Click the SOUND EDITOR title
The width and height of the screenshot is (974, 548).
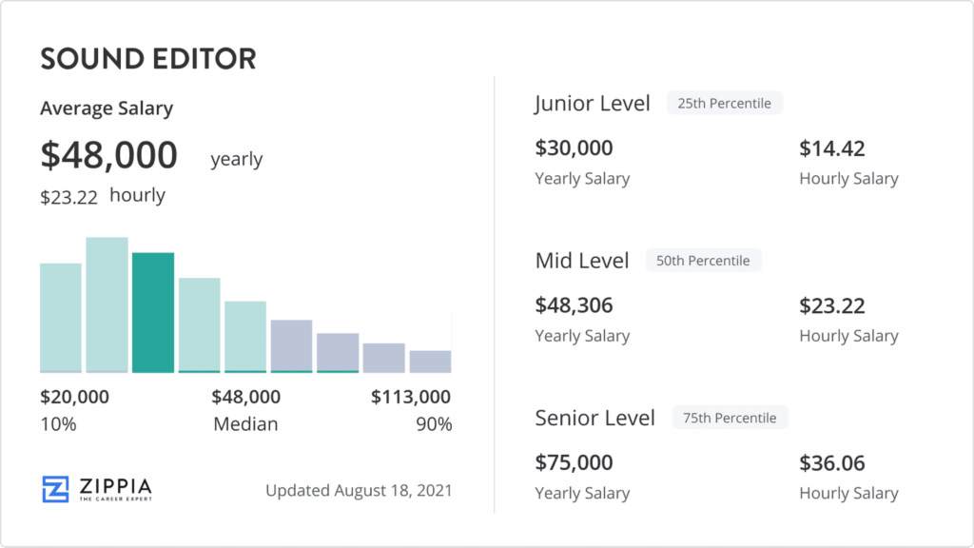pos(148,59)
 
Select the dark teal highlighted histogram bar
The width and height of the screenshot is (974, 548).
pos(153,312)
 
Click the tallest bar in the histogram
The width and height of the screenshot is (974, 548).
pos(107,305)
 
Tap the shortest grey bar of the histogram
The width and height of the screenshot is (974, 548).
pos(430,362)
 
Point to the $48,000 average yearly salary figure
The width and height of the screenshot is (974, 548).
pos(108,155)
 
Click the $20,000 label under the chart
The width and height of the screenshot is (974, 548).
pos(74,397)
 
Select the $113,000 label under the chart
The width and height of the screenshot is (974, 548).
pos(411,397)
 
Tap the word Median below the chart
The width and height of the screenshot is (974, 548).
pos(245,423)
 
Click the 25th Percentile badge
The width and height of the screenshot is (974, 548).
pos(724,103)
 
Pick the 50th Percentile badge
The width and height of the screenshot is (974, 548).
pos(703,261)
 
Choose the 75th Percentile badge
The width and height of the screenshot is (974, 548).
pos(730,418)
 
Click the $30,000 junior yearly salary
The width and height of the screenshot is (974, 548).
pos(574,147)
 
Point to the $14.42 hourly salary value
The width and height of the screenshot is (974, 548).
pos(831,147)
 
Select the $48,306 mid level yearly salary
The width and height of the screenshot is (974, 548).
pos(574,305)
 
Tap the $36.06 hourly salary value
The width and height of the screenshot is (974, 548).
pos(831,463)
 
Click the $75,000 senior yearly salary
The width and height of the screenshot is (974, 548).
pos(574,462)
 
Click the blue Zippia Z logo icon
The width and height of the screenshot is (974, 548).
pos(55,490)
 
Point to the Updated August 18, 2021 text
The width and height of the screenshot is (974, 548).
pos(359,490)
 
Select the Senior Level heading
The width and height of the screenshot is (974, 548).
pos(595,419)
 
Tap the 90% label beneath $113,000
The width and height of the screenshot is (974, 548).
pos(434,423)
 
